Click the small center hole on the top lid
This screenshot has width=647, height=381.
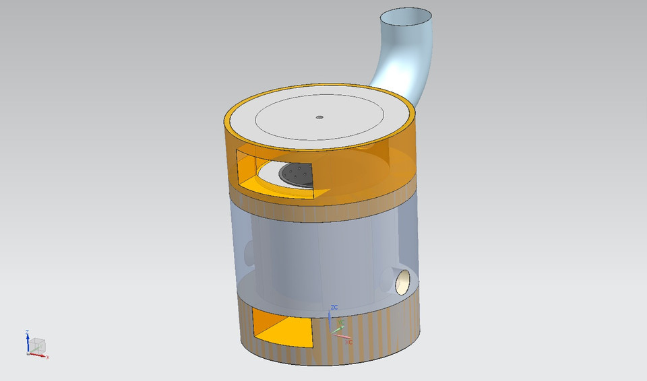(x=319, y=117)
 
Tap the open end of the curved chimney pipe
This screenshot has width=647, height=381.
(x=407, y=15)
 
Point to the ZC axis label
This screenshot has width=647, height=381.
(x=334, y=307)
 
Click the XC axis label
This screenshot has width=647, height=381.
(x=348, y=342)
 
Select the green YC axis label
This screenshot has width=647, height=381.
(x=342, y=323)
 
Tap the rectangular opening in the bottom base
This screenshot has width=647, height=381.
(x=283, y=326)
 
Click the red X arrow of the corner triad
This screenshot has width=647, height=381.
(x=40, y=355)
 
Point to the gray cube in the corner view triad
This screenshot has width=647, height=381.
(x=38, y=345)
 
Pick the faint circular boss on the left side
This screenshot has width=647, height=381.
(x=249, y=252)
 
